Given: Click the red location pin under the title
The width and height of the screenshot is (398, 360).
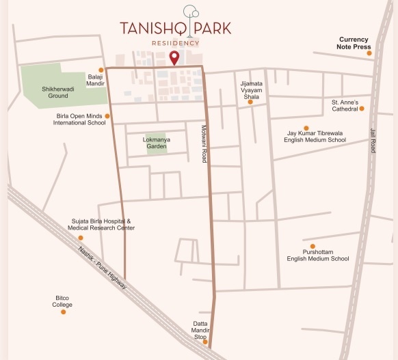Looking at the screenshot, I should click(x=174, y=57).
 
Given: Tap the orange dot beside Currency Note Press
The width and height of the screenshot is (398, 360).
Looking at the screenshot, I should click(x=369, y=53).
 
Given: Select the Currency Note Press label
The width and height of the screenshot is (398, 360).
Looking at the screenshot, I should click(x=352, y=43).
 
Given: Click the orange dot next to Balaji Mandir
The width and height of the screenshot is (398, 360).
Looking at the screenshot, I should click(x=101, y=70).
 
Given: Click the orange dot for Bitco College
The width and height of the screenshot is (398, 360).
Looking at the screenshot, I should click(x=63, y=312).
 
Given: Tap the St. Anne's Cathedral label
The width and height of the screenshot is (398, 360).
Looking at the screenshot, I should click(x=341, y=105).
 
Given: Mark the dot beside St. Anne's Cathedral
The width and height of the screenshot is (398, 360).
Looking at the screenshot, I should click(x=362, y=108).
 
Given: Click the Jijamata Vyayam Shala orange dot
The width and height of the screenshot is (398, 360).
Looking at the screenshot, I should click(x=250, y=102).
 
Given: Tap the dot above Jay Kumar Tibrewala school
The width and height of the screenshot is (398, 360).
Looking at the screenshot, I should click(x=306, y=128).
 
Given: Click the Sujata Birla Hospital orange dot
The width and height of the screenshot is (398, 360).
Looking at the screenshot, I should click(x=81, y=238).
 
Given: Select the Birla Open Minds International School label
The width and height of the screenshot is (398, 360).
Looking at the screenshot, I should click(x=81, y=120).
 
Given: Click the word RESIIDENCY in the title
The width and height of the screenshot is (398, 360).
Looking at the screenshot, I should click(x=176, y=43).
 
